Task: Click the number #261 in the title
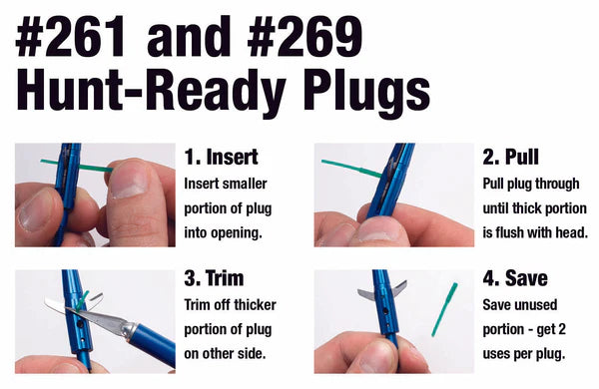[71, 37]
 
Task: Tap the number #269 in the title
[304, 37]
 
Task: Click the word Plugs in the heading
[366, 93]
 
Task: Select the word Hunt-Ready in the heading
[151, 91]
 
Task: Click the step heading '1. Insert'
[222, 157]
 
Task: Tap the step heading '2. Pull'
[511, 157]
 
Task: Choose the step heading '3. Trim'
[214, 278]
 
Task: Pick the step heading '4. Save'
[515, 278]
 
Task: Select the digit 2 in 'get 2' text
[561, 329]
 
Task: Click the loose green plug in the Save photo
[444, 309]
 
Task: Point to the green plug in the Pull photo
[351, 169]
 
